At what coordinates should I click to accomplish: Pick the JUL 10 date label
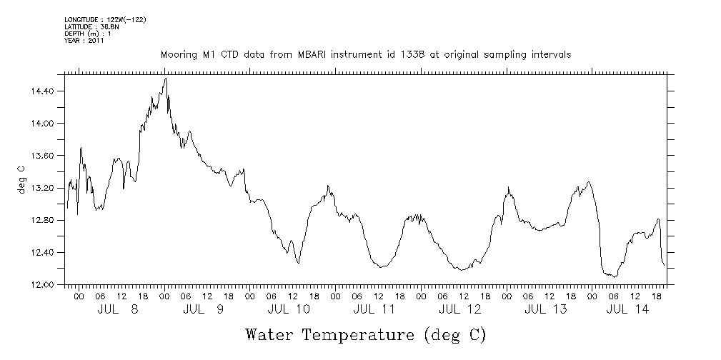[289, 309]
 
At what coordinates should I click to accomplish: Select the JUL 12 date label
[459, 309]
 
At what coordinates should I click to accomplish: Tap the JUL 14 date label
[627, 309]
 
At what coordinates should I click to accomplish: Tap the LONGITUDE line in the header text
[105, 19]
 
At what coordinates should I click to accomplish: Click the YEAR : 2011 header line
[84, 41]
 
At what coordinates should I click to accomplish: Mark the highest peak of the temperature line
[166, 79]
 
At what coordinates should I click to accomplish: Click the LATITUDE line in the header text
[91, 26]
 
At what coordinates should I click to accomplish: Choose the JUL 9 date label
[203, 309]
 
